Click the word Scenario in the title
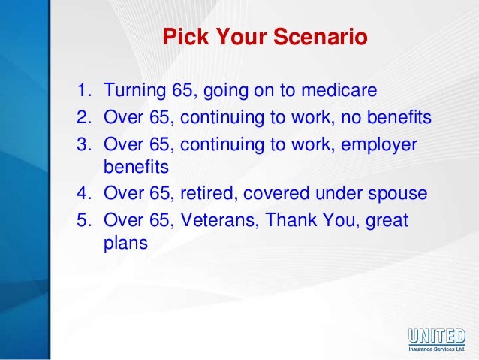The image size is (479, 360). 320,36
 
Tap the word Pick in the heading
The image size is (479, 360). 185,36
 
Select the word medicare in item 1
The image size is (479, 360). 339,90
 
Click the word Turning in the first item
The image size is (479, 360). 134,91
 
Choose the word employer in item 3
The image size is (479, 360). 379,145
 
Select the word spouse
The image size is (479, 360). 397,195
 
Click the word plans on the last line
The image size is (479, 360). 125,244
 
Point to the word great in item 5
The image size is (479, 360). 387,221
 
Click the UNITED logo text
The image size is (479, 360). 437,336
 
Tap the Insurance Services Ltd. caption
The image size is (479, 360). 437,349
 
